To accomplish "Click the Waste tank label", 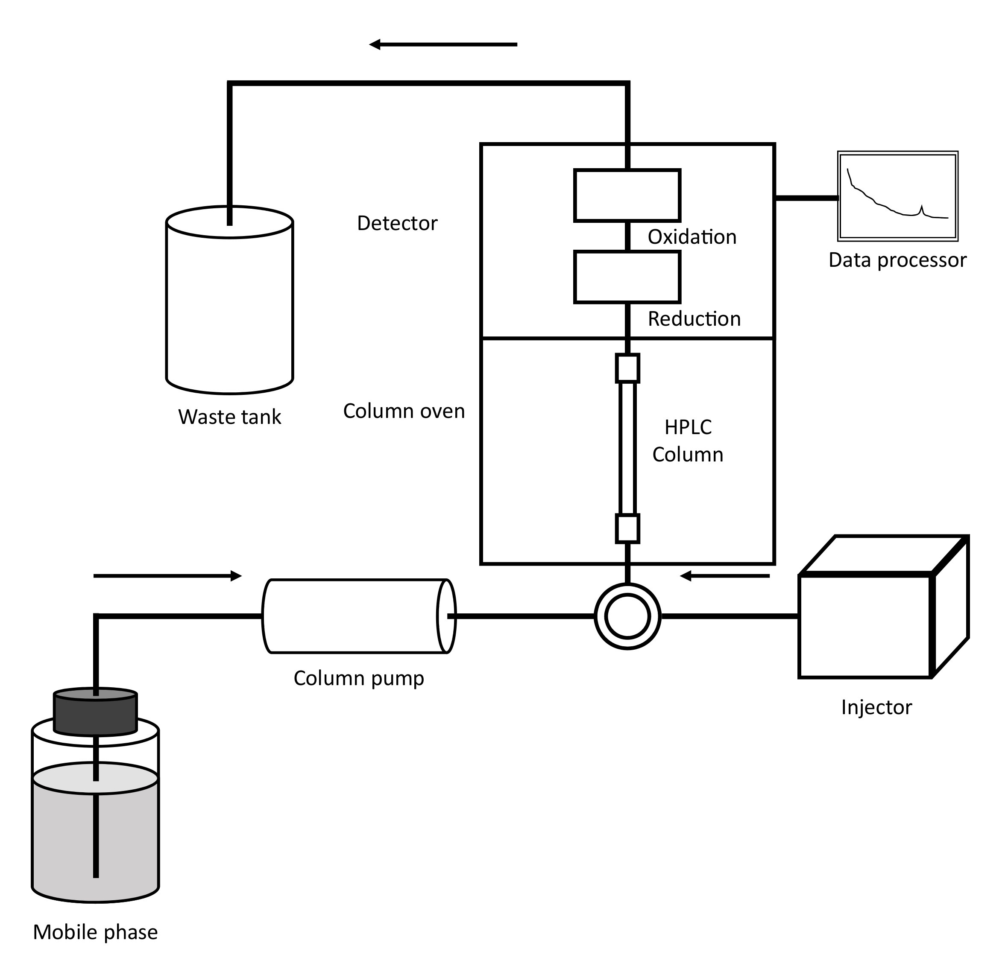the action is click(x=229, y=417).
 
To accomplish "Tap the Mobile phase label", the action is click(x=96, y=932).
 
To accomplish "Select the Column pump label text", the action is click(x=359, y=678).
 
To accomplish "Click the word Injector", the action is click(x=876, y=707).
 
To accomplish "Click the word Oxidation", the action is click(x=692, y=236).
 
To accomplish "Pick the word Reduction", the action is click(x=694, y=319).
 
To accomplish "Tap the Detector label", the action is click(x=397, y=223).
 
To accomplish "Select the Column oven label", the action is click(x=404, y=411).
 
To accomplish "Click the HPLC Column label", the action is click(x=688, y=441).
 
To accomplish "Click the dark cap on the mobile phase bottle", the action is click(x=96, y=712).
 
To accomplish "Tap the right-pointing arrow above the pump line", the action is click(x=167, y=576).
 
